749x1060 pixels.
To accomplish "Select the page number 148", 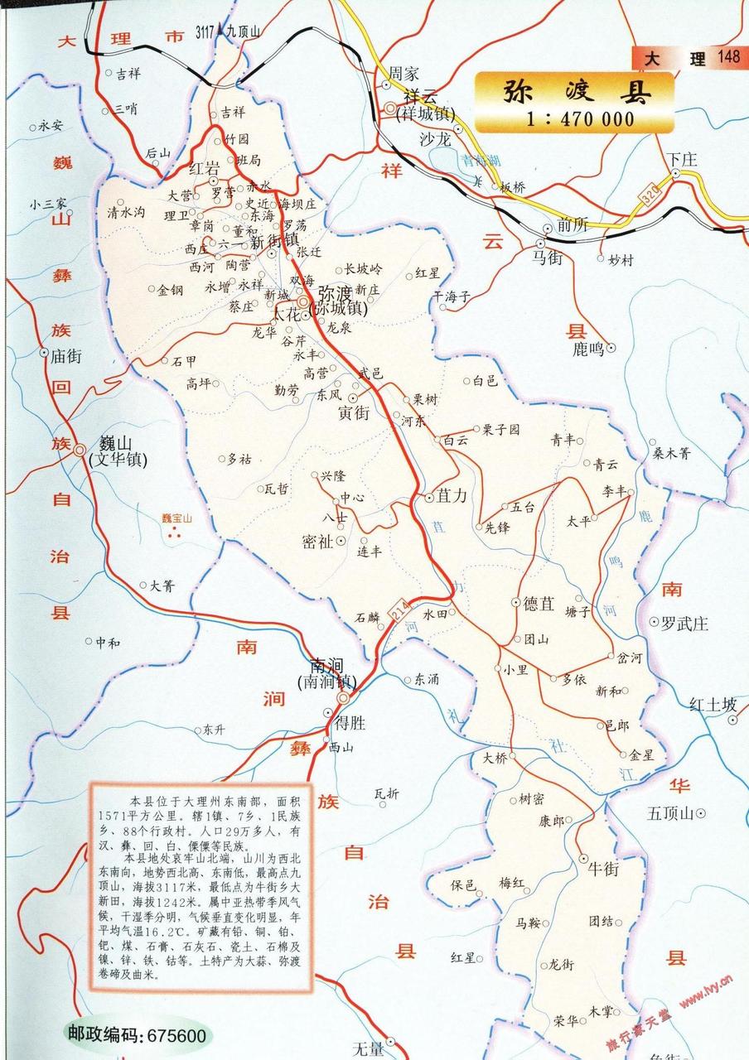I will click(x=729, y=57).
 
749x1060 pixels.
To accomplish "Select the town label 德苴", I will click(x=539, y=604).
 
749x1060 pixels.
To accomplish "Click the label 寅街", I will click(x=354, y=414).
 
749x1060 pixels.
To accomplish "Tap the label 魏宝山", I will click(x=176, y=518).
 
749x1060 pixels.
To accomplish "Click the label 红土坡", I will click(x=713, y=705).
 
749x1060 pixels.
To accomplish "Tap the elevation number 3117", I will click(x=205, y=32).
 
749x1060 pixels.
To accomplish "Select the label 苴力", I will click(x=452, y=497).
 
